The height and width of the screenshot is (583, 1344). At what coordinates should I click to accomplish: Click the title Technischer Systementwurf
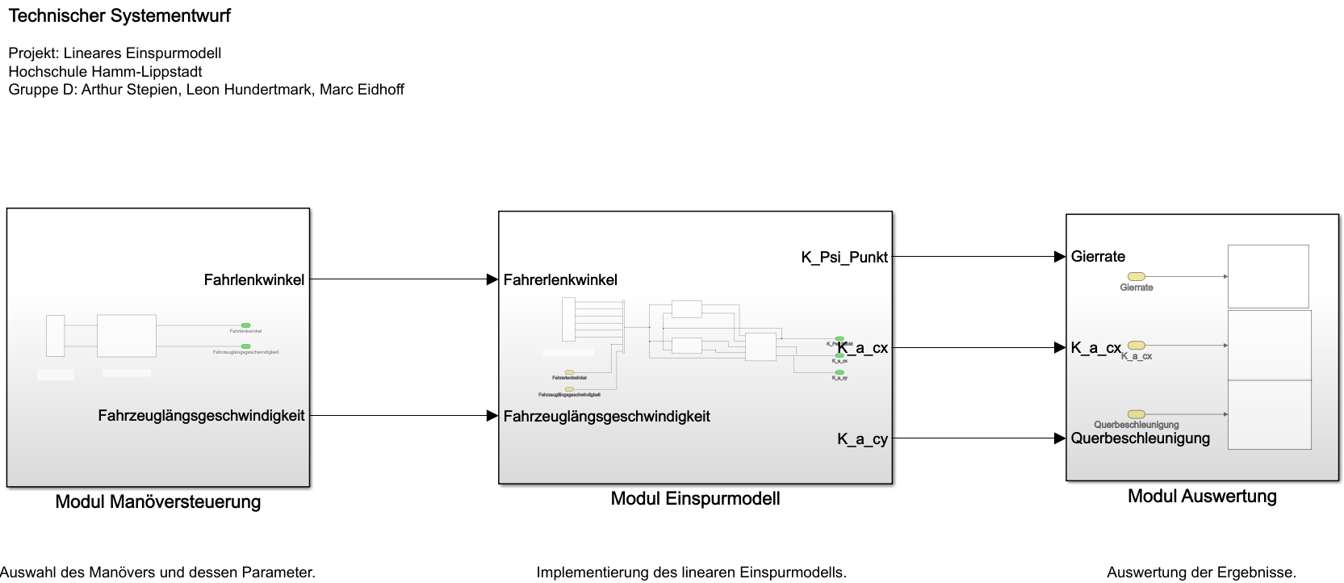coord(119,16)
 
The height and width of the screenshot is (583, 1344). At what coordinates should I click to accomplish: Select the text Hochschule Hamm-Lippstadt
coord(105,71)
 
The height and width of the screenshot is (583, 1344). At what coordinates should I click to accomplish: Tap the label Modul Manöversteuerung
coord(158,501)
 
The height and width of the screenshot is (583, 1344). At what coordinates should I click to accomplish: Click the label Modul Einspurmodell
coord(695,498)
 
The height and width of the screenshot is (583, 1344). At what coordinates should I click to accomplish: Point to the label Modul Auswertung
coord(1202,496)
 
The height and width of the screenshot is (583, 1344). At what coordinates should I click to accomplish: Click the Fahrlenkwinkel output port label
coord(253,279)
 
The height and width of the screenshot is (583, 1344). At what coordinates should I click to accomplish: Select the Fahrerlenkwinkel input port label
coord(560,279)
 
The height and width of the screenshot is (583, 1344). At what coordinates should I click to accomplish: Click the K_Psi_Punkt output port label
coord(844,257)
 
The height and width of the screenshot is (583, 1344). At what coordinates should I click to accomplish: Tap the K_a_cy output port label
coord(862,438)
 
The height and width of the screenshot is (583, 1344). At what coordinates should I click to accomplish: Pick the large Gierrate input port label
coord(1098,257)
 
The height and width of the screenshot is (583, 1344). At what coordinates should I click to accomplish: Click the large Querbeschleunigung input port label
coord(1140,438)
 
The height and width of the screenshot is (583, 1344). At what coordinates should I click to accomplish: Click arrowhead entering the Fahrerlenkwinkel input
coord(492,279)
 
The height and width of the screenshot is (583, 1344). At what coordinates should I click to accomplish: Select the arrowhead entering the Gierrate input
coord(1060,257)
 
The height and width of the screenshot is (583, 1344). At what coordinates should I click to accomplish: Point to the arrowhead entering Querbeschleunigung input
coord(1060,438)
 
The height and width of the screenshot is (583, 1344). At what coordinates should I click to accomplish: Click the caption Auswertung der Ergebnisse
coord(1201,573)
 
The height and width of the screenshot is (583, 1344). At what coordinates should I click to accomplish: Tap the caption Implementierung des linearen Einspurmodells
coord(691,573)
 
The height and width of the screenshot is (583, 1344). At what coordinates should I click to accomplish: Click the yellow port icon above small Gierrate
coord(1136,277)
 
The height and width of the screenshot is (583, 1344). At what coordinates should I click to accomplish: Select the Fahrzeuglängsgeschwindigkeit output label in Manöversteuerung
coord(201,416)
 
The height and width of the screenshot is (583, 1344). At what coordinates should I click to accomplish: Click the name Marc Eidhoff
coord(362,90)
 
